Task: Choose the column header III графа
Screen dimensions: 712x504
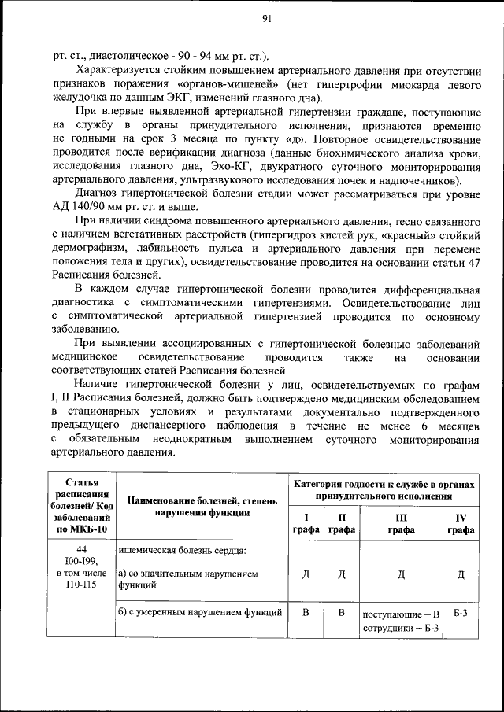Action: coord(400,523)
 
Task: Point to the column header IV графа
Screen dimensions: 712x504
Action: coord(461,523)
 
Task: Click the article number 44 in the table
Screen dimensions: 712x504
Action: coord(82,548)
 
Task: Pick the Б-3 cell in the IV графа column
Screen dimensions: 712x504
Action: coord(461,611)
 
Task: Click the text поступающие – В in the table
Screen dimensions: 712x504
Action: coord(400,613)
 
